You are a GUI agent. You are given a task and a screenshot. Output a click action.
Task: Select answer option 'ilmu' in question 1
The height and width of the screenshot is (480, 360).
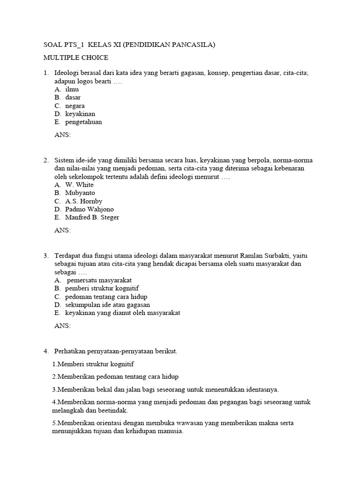(72, 89)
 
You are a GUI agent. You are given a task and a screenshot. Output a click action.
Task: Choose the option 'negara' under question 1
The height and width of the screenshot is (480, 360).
(75, 105)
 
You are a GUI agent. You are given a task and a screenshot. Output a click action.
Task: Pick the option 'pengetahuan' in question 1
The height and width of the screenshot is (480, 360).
(83, 122)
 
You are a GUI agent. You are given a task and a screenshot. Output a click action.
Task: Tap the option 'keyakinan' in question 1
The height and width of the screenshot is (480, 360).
(80, 114)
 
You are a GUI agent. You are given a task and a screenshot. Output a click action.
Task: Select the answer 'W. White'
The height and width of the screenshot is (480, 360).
(80, 185)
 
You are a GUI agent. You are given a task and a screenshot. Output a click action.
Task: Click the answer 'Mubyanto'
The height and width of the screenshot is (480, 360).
(80, 193)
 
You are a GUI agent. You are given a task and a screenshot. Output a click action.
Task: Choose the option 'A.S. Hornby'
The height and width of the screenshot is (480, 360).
(84, 201)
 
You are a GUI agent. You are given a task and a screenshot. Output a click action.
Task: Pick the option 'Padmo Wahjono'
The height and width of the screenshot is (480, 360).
(90, 209)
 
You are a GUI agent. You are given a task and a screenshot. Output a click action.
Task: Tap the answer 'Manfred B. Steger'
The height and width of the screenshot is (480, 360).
(92, 217)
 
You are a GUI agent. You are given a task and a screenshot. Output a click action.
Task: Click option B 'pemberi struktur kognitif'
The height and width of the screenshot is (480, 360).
(102, 288)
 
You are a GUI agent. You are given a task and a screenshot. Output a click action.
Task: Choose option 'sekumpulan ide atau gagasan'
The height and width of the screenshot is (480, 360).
(105, 305)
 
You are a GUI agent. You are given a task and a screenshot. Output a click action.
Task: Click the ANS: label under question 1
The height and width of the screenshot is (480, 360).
(63, 135)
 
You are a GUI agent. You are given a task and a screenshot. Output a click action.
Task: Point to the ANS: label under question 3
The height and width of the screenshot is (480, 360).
(63, 326)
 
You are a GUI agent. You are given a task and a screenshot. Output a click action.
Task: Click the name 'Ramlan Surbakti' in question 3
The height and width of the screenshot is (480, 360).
(266, 255)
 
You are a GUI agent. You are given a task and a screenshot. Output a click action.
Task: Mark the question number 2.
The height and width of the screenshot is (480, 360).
(46, 160)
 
